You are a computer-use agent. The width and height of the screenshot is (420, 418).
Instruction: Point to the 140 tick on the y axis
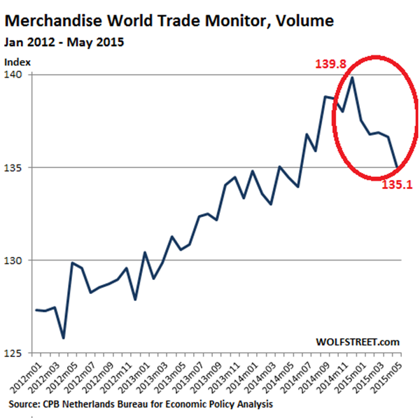coord(14,75)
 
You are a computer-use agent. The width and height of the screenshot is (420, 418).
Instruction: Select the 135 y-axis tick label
coord(14,167)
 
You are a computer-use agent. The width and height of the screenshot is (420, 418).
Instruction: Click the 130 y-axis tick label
coord(14,260)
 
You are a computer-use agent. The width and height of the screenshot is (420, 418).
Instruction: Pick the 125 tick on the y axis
coord(14,354)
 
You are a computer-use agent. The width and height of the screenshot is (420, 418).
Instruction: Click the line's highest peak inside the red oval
coord(352,78)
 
